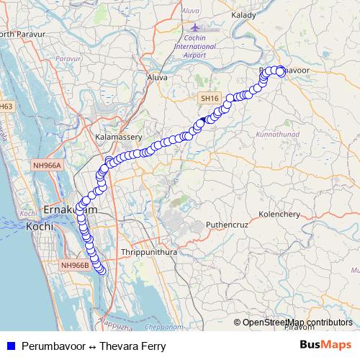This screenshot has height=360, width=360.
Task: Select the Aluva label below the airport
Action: click(157, 76)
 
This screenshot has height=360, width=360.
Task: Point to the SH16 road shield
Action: click(209, 98)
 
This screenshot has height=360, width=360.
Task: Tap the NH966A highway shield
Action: click(48, 165)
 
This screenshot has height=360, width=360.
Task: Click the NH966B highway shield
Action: click(75, 266)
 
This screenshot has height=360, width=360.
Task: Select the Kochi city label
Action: click(40, 226)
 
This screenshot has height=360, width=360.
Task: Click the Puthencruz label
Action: click(228, 225)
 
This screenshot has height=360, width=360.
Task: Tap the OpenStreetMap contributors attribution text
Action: click(298, 323)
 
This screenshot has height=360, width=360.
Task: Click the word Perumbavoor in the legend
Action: click(55, 346)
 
